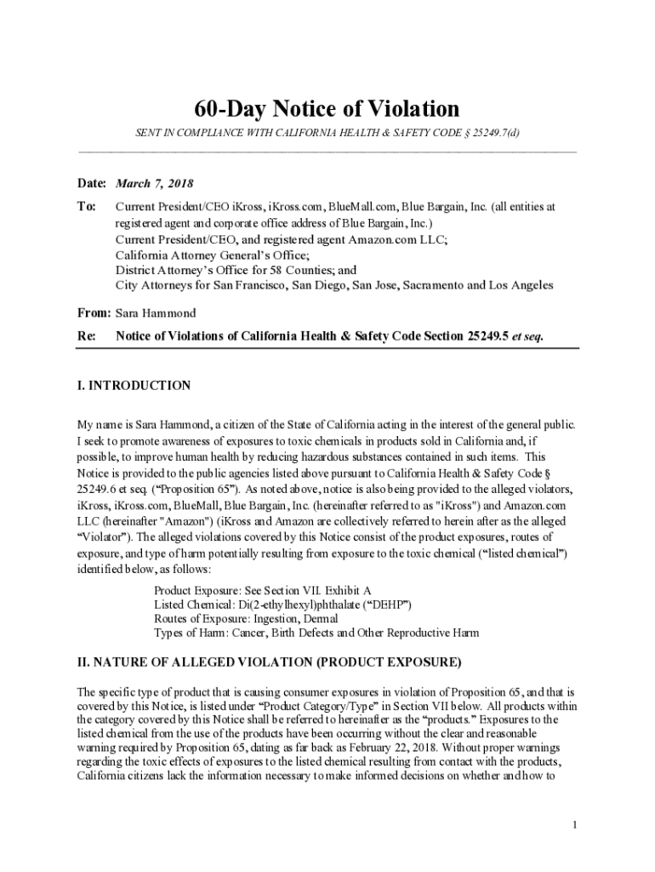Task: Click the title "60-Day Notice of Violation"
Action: (x=327, y=109)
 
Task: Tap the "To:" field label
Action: (x=86, y=207)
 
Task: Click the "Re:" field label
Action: (x=86, y=336)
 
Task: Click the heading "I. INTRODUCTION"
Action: (x=134, y=386)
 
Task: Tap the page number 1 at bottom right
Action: (x=575, y=825)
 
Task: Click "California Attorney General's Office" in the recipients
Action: (x=212, y=255)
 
